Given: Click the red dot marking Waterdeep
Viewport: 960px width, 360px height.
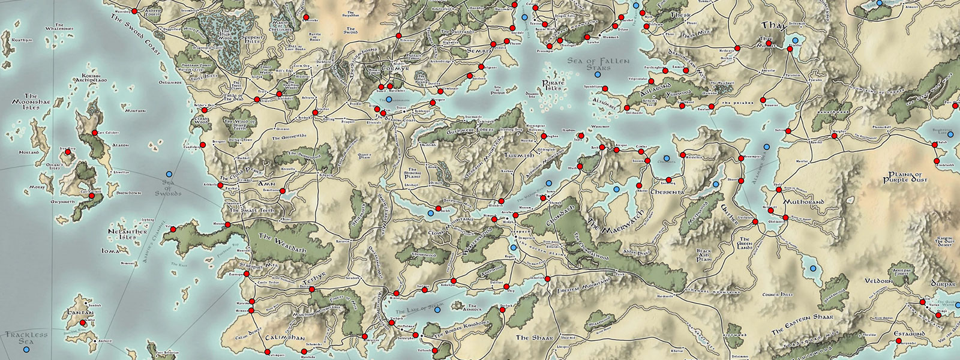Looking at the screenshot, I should point(134,11).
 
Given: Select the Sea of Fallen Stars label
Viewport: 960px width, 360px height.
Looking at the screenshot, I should point(598,64).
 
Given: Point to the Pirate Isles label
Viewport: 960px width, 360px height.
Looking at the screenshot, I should point(553,85).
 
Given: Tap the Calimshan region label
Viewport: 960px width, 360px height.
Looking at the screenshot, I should point(286,338).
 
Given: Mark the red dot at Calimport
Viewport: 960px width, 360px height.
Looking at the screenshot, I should point(265,352).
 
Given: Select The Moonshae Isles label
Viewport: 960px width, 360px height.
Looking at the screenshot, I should point(31,101).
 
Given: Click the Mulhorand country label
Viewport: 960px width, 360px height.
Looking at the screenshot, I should point(803,202).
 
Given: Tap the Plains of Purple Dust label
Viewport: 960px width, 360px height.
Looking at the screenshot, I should point(905,177).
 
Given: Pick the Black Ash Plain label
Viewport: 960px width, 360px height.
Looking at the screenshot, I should point(703,254).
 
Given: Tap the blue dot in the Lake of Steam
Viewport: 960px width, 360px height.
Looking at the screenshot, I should point(438,310).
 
